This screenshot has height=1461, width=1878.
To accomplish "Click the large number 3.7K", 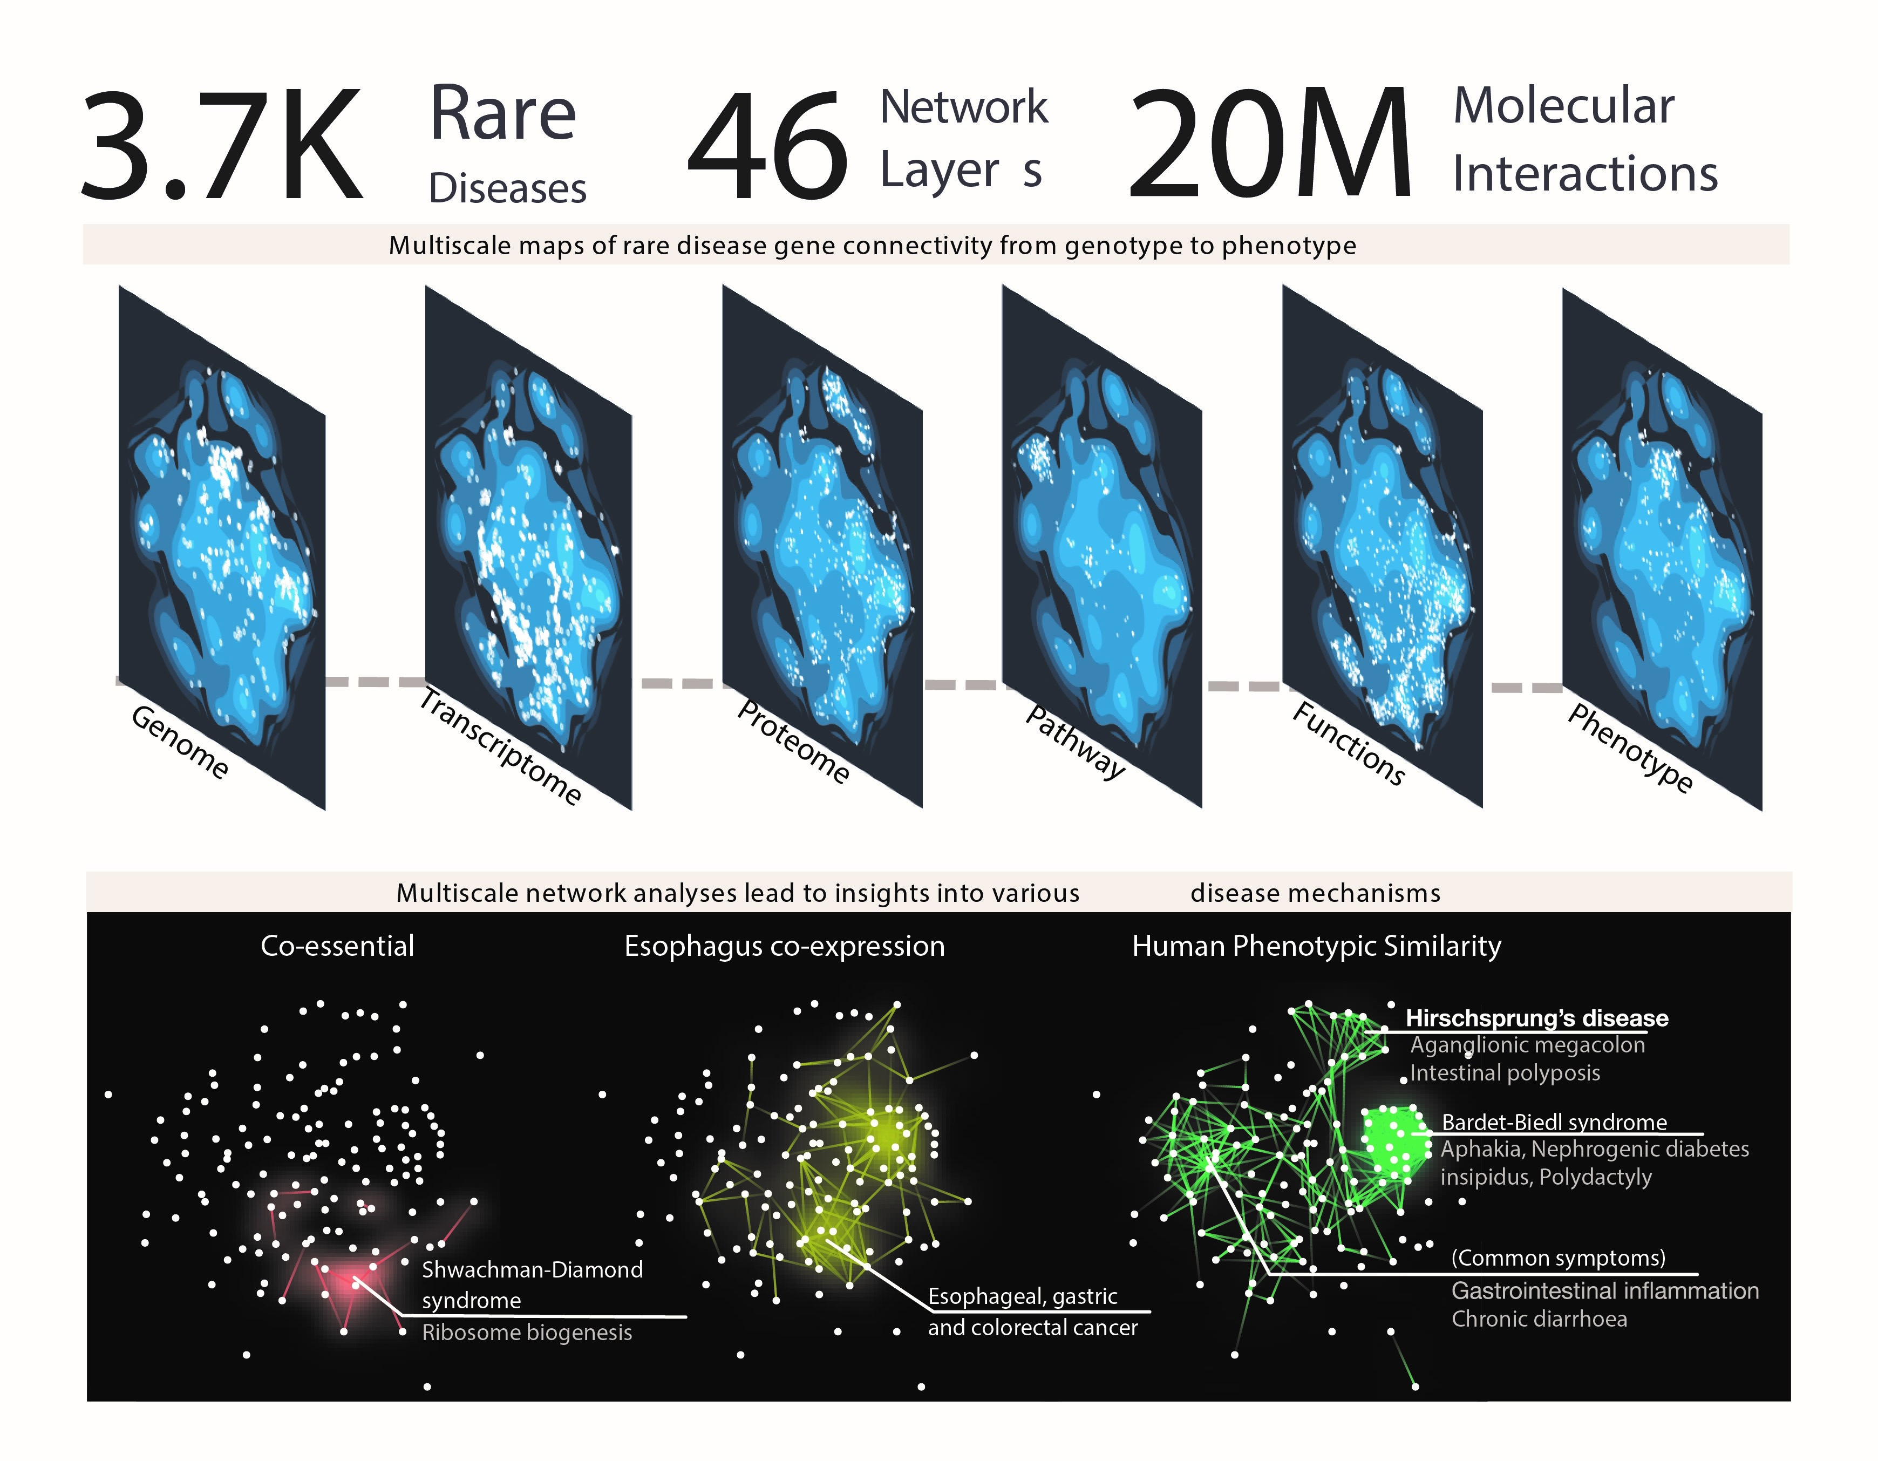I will (x=222, y=146).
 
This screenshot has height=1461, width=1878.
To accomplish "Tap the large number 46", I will (x=768, y=146).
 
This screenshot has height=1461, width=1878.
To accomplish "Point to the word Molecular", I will (x=1563, y=107).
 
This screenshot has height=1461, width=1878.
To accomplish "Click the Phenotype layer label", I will (x=1630, y=746).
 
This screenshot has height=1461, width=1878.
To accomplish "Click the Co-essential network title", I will (x=337, y=946).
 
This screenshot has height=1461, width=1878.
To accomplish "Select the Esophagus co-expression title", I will (x=784, y=946).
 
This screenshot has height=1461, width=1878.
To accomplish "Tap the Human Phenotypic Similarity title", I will (x=1317, y=946).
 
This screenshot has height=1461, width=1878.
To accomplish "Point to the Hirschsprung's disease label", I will (x=1536, y=1018).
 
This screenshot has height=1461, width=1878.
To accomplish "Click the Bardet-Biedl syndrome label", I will (x=1554, y=1122).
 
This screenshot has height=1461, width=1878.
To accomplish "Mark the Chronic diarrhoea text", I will (x=1539, y=1319).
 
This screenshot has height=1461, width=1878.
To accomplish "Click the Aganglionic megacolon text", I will (x=1527, y=1045).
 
